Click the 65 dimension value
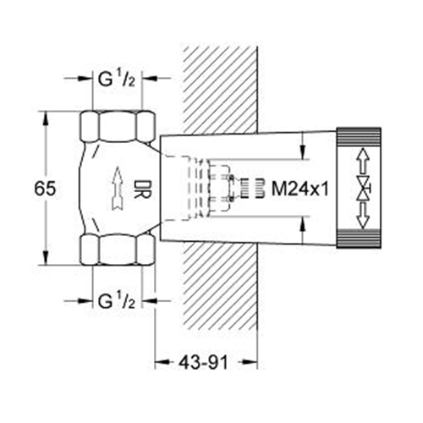point(45,189)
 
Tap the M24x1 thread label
point(300,189)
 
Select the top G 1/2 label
point(117,80)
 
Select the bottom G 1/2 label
point(117,301)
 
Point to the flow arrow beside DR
point(118,189)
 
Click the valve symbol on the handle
point(364,188)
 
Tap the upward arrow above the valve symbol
point(364,162)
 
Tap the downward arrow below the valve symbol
point(363,215)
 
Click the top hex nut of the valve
point(118,126)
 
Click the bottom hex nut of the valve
point(118,250)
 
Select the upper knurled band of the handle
point(359,138)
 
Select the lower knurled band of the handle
point(359,239)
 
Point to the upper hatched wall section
point(220,91)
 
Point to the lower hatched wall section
point(220,287)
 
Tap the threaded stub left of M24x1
point(252,189)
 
